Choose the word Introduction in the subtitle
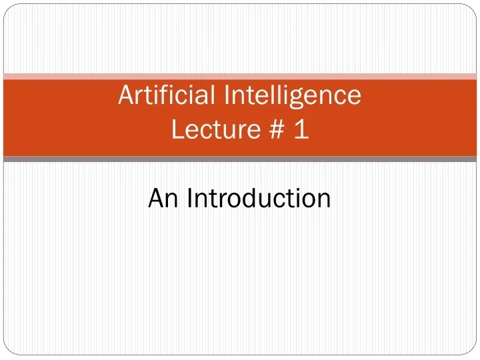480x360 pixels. pos(259,198)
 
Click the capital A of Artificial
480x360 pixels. pos(126,96)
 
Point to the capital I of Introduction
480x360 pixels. pos(190,198)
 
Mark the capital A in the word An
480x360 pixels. pos(156,198)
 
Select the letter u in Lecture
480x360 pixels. pos(228,131)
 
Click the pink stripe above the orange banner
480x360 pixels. pos(240,76)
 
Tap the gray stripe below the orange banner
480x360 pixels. pos(240,159)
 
